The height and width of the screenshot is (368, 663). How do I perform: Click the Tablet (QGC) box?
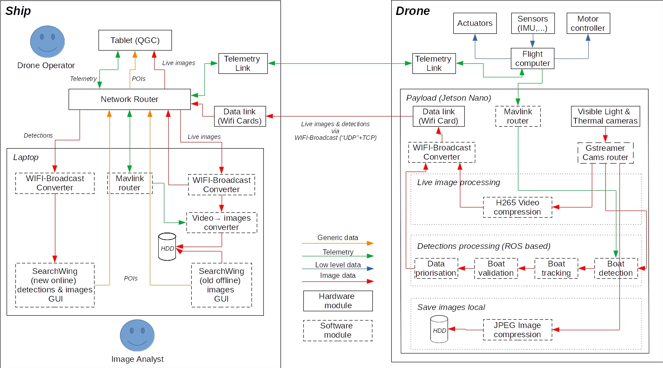pos(135,40)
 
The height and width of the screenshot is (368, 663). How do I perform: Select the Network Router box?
pos(130,99)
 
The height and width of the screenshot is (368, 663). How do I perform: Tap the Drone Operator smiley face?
pos(47,42)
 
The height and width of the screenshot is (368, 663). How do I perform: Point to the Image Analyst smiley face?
pos(137,335)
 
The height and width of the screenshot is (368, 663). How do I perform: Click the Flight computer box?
pos(532,58)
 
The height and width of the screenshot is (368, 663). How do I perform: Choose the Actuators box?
pos(475,23)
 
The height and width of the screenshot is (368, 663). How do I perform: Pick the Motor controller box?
pos(588,23)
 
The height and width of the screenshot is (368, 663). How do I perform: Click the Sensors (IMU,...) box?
pos(532,23)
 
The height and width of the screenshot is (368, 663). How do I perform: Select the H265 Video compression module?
pos(517,207)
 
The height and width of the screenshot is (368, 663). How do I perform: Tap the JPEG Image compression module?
pos(517,330)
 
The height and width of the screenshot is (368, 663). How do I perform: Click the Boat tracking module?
pos(556,268)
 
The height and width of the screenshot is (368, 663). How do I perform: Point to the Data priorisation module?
pos(436,268)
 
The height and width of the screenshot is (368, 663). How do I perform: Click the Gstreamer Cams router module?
pos(605,153)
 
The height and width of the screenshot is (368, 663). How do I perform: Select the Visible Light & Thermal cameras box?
pos(605,116)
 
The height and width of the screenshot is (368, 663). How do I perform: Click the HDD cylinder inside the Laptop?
pos(167,247)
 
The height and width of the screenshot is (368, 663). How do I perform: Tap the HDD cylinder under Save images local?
pos(439,329)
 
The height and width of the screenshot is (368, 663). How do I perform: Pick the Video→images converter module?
pos(222,222)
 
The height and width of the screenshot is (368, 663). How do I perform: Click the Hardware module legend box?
pos(338,301)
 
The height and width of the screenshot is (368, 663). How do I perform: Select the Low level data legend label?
pos(338,265)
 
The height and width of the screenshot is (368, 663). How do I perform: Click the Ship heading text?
pos(18,11)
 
